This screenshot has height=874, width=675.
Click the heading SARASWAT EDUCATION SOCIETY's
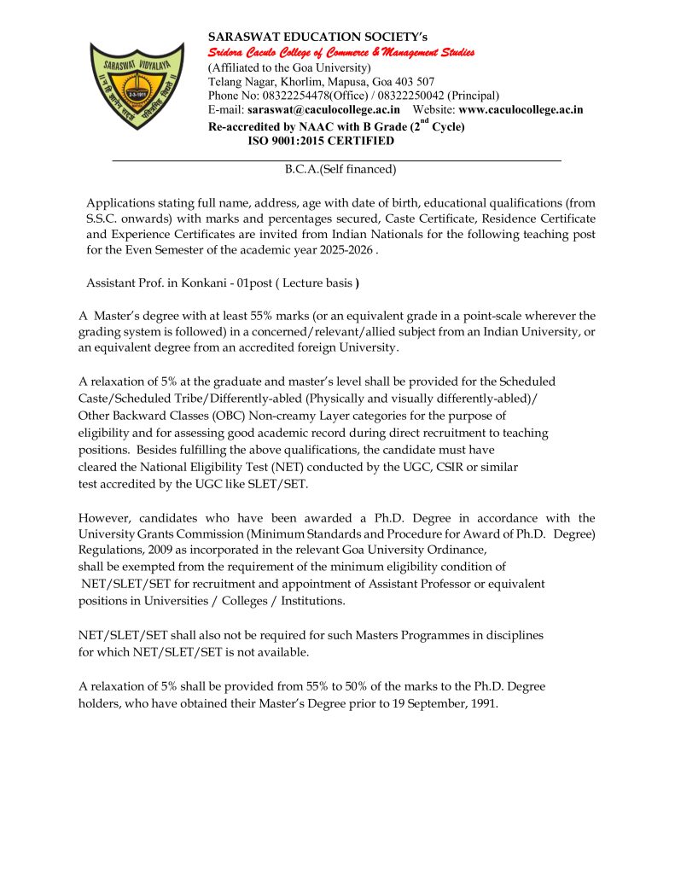[317, 37]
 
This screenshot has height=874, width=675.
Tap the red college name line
[341, 53]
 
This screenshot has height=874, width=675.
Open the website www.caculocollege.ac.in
[521, 110]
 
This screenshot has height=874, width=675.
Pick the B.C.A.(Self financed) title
[340, 169]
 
